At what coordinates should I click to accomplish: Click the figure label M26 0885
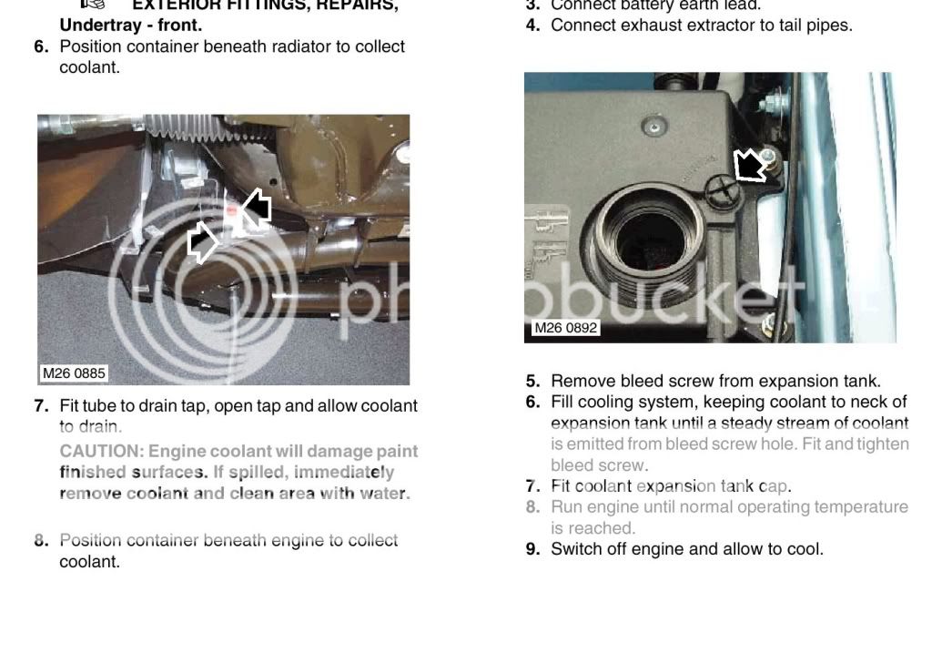tap(74, 373)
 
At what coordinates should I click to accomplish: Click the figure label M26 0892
tap(565, 328)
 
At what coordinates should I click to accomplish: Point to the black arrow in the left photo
tap(257, 208)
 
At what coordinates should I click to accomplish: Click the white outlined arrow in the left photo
tap(202, 243)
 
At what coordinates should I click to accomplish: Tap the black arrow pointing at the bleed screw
tap(750, 167)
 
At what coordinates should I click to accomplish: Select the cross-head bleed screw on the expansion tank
tap(719, 189)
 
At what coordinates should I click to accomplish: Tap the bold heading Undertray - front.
tap(131, 26)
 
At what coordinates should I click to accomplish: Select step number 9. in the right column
tap(533, 549)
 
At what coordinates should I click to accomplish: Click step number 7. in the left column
tap(41, 406)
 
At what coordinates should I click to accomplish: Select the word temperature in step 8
tap(864, 506)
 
